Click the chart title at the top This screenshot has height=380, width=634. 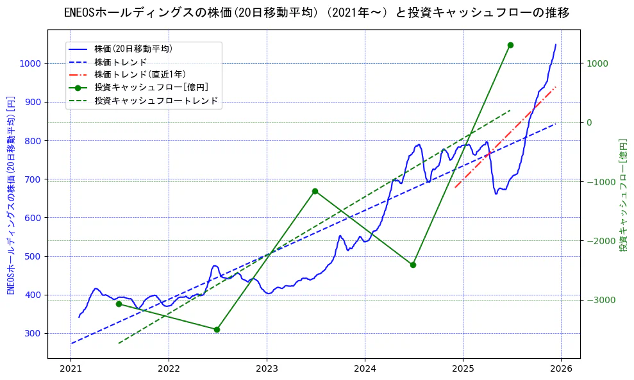click(x=317, y=13)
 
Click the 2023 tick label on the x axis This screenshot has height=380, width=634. click(x=267, y=369)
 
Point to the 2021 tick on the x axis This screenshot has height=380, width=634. click(x=71, y=369)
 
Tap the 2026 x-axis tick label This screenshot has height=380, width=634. click(x=561, y=369)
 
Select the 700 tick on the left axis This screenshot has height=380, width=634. click(x=33, y=179)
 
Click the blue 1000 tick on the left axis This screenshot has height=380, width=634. click(x=30, y=63)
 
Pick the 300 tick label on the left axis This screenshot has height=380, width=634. click(x=33, y=333)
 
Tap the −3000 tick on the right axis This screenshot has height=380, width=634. click(x=597, y=300)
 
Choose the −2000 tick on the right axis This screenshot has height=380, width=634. click(x=597, y=241)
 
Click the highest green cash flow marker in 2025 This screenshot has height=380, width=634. click(x=510, y=45)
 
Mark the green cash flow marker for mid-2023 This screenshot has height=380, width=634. click(x=315, y=191)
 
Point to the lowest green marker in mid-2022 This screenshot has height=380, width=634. click(x=217, y=329)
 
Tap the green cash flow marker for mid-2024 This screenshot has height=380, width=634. click(x=413, y=265)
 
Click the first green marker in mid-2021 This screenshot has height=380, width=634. click(x=119, y=304)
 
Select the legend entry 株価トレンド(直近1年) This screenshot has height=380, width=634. click(x=137, y=74)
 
